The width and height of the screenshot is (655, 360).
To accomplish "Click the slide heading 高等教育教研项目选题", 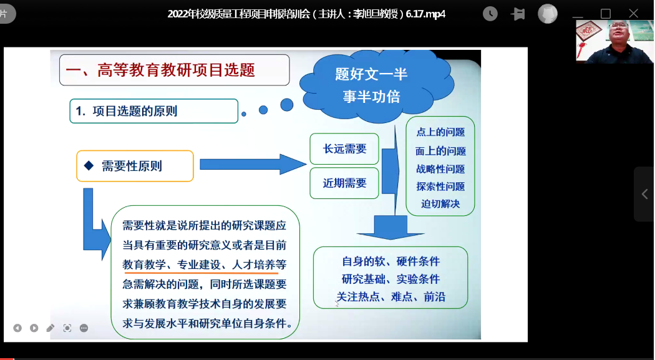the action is [x=176, y=70].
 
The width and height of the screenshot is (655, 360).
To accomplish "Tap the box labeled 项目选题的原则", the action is [x=153, y=111].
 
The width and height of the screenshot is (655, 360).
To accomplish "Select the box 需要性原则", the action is [x=135, y=166].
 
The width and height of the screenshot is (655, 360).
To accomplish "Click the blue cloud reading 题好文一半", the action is [x=377, y=85].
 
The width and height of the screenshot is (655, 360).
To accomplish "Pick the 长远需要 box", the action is [x=344, y=148].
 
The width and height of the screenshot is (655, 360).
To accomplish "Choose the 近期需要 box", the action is [x=344, y=183].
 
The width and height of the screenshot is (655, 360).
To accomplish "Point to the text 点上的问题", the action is [x=440, y=132].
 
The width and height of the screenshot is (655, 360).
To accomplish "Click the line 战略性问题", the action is [x=440, y=169].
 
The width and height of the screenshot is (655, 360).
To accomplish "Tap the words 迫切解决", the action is [x=440, y=204].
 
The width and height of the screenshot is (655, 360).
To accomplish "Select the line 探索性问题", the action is [x=440, y=187].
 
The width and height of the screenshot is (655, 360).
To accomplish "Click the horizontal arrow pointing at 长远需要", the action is [x=253, y=164].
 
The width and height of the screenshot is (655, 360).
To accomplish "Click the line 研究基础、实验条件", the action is [x=391, y=279].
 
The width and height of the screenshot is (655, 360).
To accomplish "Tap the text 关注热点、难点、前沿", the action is [x=391, y=297].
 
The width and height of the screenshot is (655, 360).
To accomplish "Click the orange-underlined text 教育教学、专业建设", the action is [x=177, y=265].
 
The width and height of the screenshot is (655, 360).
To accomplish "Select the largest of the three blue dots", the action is [x=286, y=105].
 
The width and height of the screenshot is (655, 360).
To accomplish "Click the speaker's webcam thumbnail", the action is [x=614, y=42].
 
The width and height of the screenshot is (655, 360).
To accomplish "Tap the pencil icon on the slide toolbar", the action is [x=50, y=328].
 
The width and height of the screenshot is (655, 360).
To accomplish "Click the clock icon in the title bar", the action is [x=490, y=14].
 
